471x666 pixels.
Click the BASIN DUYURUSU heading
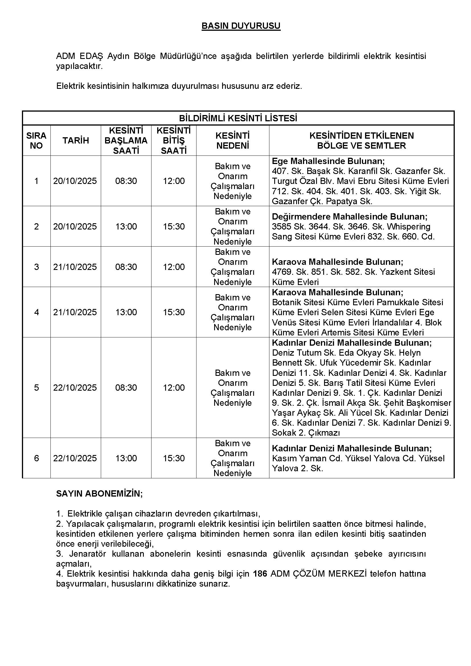[x=241, y=26]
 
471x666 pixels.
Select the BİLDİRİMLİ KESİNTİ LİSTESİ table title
[x=238, y=118]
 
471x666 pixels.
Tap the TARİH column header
[x=76, y=141]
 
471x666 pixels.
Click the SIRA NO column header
[x=36, y=141]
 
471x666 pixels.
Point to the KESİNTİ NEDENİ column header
[x=233, y=141]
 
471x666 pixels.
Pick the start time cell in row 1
[x=126, y=181]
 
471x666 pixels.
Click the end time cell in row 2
[x=174, y=227]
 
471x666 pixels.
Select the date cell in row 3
[x=75, y=267]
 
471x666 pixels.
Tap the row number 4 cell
[x=36, y=312]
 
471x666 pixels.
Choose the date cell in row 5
[x=75, y=388]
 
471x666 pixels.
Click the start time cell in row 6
[x=126, y=458]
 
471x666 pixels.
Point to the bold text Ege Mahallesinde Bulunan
[x=328, y=161]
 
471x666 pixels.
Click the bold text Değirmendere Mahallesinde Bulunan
[x=349, y=217]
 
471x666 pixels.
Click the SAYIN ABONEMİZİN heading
[x=99, y=494]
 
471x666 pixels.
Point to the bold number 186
[x=260, y=574]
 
